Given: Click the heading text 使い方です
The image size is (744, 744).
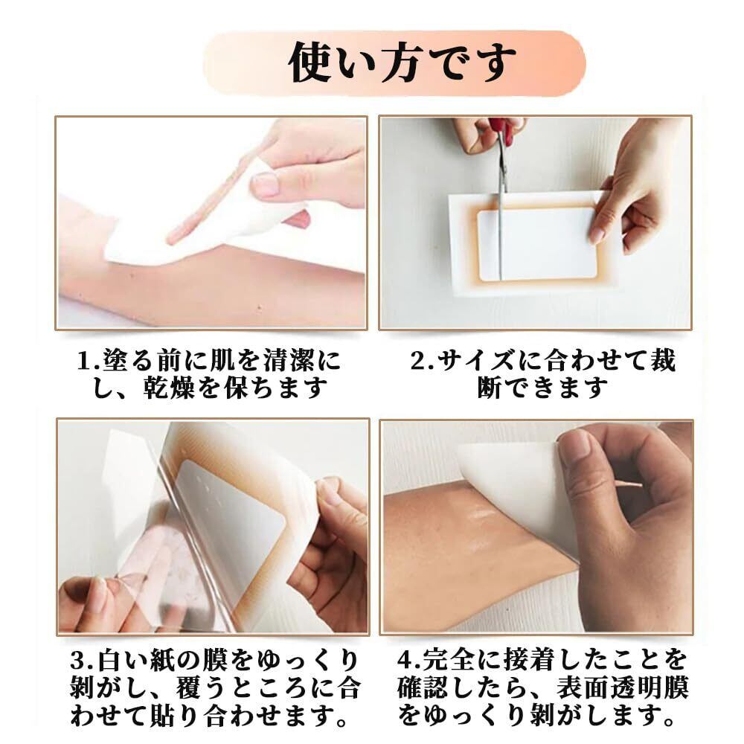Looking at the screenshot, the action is [402, 62].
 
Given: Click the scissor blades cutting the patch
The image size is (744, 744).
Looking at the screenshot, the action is [500, 209].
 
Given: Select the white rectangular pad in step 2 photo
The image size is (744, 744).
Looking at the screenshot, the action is [537, 244].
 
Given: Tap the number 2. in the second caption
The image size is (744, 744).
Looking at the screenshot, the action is [423, 362].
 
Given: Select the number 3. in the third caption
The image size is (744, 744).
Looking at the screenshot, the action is [83, 660].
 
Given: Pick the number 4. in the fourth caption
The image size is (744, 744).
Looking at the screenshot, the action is [410, 660].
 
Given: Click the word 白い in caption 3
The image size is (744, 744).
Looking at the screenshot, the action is [123, 660].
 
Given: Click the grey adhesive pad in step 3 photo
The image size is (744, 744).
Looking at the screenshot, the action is [232, 513].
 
